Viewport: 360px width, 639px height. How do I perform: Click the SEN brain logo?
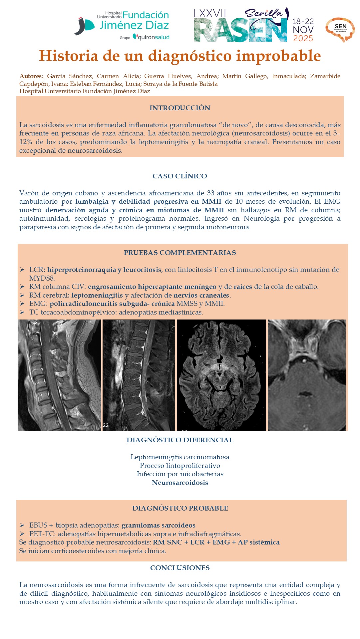tap(340, 29)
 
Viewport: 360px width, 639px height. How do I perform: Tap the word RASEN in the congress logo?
tap(240, 30)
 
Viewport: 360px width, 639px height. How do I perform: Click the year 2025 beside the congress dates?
tap(303, 39)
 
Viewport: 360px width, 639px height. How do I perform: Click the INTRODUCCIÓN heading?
tap(180, 108)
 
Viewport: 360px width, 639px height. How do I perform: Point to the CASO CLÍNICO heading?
tap(180, 176)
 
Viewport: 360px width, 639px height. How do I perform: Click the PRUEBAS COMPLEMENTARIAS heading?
tap(180, 253)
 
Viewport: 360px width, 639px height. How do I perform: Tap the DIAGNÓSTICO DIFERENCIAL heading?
tap(180, 440)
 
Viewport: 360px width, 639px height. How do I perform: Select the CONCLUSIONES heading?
tap(180, 568)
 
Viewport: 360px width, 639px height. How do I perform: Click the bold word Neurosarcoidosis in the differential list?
tap(180, 483)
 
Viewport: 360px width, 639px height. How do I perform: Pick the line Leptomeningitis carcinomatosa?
tap(180, 457)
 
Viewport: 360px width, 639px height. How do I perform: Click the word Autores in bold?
tap(31, 76)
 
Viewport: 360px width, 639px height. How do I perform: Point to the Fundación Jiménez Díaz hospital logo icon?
tap(84, 26)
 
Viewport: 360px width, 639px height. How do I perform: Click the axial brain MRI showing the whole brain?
tap(221, 375)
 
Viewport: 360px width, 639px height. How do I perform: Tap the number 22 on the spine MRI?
tap(106, 425)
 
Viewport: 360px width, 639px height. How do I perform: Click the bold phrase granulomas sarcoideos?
tap(158, 525)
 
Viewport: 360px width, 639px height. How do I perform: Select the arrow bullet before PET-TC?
tap(22, 534)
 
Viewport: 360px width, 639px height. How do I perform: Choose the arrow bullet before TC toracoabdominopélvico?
tap(22, 312)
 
